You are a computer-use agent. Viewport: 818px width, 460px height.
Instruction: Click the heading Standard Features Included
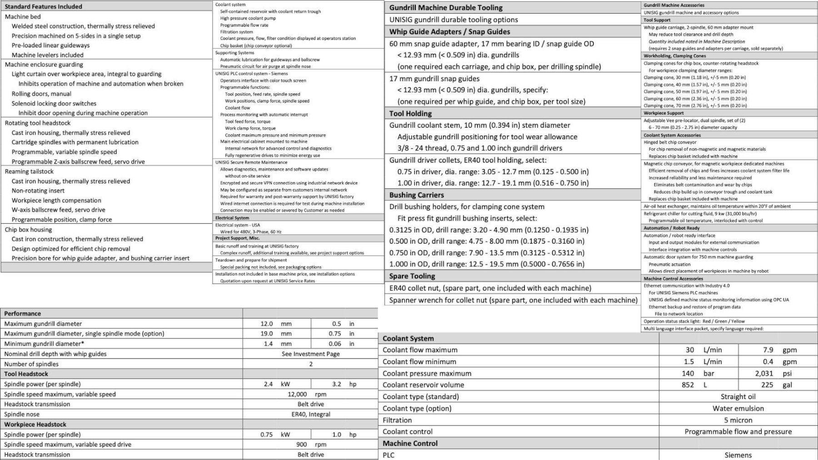click(43, 6)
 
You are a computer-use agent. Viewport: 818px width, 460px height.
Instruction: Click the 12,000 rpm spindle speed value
click(307, 394)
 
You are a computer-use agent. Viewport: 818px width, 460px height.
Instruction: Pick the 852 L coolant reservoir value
click(688, 385)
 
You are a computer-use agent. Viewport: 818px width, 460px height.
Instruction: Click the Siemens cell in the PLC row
click(738, 455)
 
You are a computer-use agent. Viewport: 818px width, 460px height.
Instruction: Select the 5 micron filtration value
click(738, 420)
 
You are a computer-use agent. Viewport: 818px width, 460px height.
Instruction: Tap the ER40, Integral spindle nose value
click(311, 414)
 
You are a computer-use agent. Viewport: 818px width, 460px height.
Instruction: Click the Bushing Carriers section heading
click(416, 195)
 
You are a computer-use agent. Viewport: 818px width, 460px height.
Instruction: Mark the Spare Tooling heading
click(412, 276)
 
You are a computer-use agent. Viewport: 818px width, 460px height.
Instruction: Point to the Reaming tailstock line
click(29, 171)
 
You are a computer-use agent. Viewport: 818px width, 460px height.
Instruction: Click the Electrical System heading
click(232, 218)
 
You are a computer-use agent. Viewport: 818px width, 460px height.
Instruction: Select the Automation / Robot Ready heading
click(671, 228)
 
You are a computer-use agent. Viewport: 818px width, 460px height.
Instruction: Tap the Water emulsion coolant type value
click(738, 408)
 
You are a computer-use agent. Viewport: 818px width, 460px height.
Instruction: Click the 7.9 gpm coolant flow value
click(768, 350)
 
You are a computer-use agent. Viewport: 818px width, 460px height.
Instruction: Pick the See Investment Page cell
click(310, 354)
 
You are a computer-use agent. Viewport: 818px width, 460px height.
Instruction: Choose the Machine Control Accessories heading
click(673, 279)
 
